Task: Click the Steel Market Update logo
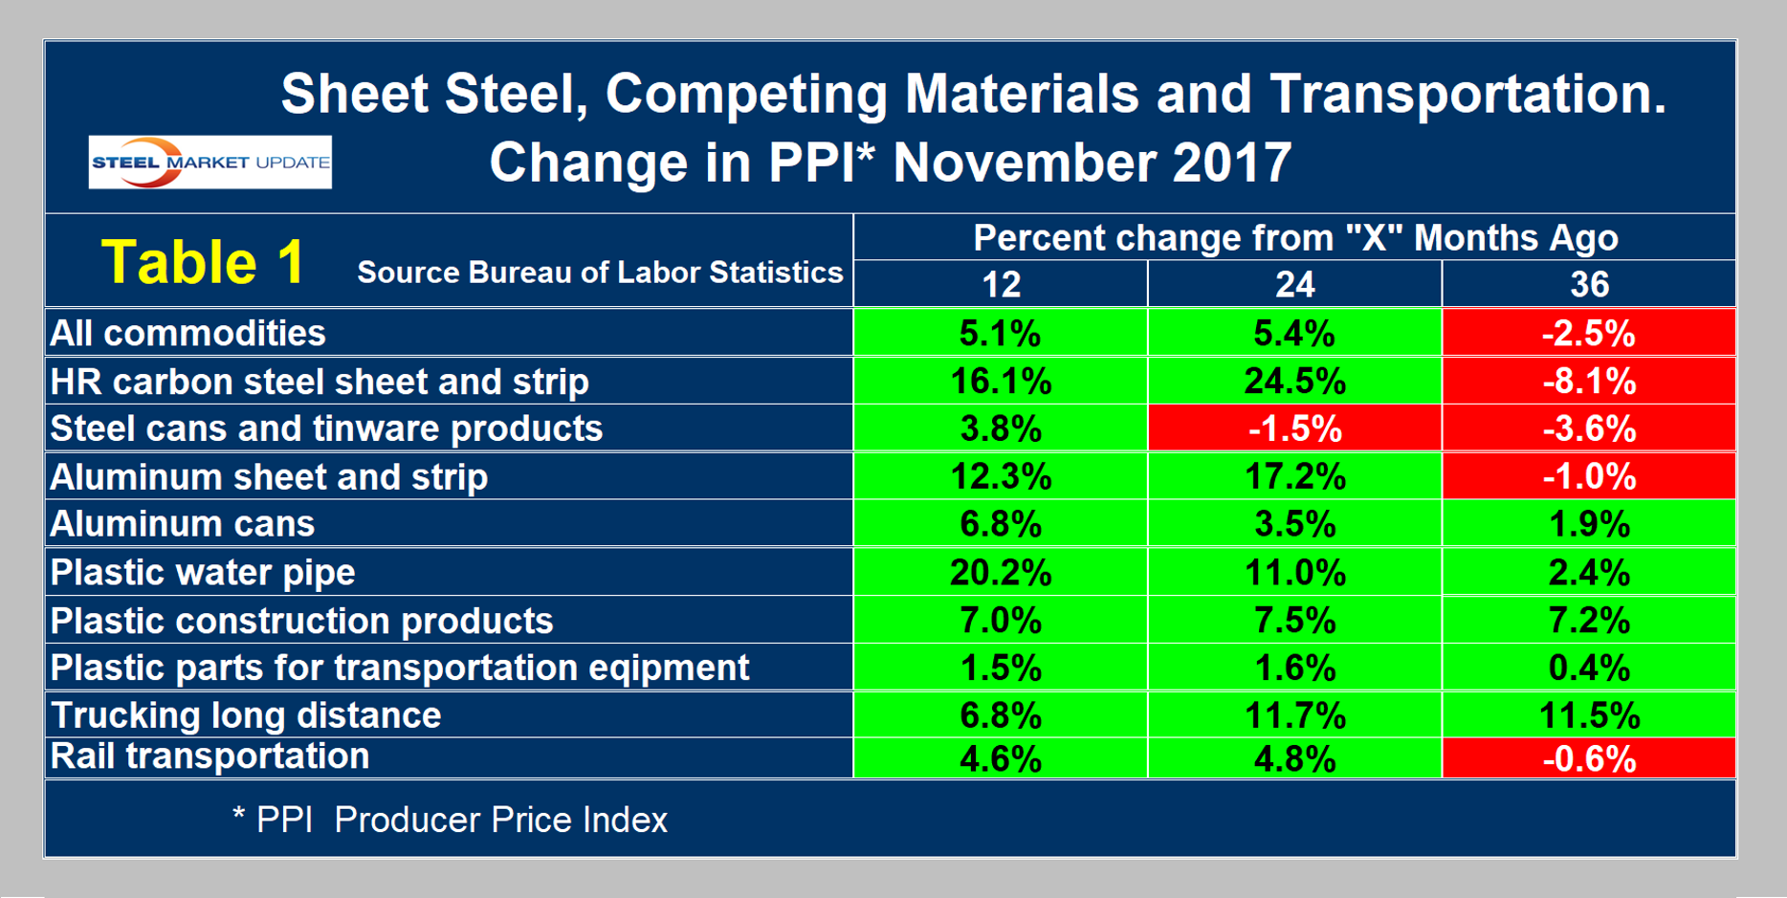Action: [x=210, y=162]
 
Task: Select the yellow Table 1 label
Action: [x=203, y=262]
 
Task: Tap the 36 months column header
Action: [x=1588, y=284]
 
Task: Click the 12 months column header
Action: [x=1001, y=284]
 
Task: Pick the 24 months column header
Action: [x=1294, y=284]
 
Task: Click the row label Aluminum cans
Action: [x=183, y=524]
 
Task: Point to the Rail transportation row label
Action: [x=210, y=756]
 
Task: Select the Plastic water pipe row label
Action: [x=203, y=572]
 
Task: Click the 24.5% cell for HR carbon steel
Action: [x=1294, y=381]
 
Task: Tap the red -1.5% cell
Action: [x=1294, y=428]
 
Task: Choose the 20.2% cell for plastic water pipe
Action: [x=1001, y=572]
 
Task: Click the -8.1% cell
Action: [x=1588, y=381]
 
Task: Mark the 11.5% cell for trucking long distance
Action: [x=1588, y=715]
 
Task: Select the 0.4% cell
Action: [x=1588, y=668]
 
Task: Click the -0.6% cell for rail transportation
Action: [x=1588, y=758]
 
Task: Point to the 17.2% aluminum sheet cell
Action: [x=1294, y=476]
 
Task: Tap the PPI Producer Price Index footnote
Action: [x=450, y=820]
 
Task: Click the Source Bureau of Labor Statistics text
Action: [x=600, y=274]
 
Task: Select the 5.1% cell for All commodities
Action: [x=1001, y=333]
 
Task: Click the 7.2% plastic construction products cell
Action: [x=1588, y=621]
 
